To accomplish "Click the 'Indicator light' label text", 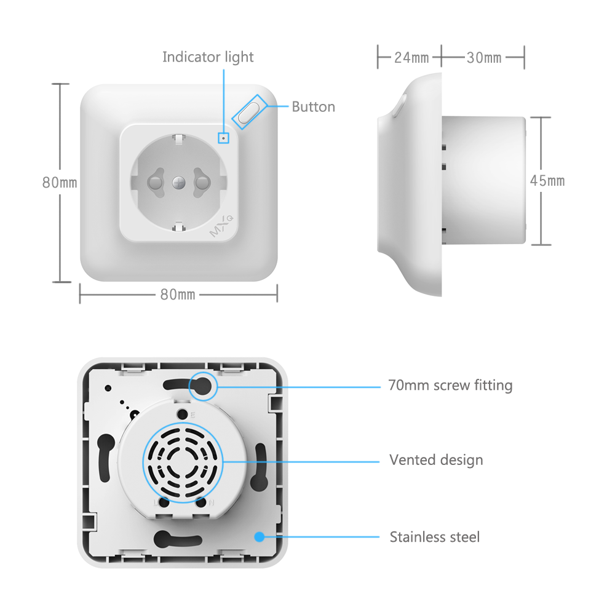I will point(208,57).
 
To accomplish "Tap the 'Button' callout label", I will point(313,107).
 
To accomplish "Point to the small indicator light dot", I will point(223,138).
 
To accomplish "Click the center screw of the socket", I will point(178,182).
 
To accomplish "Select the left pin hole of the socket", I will point(154,182).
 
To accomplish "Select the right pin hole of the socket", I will point(202,182).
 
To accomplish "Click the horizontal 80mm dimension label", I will point(178,295).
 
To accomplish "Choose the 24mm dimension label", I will point(411,58).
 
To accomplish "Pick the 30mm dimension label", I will point(484,58).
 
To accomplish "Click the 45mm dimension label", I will point(547,181).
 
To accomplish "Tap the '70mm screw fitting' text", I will point(450,386).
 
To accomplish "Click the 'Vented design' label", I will point(436,460).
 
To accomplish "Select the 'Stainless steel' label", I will point(434,537).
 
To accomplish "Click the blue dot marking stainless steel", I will point(260,537).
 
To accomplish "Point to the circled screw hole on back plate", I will point(202,386).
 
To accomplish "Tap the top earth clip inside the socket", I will point(178,139).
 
